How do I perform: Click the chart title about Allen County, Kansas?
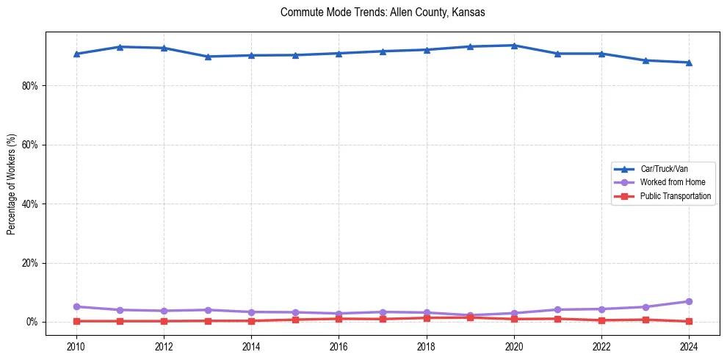(383, 12)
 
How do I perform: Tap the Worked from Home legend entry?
(669, 182)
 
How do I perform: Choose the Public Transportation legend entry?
(675, 196)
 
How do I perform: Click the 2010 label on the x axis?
(76, 346)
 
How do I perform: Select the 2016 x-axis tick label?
(339, 346)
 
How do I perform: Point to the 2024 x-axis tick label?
(689, 346)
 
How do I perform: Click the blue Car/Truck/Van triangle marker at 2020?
(514, 46)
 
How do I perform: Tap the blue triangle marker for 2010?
(76, 54)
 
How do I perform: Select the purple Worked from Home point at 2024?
(689, 301)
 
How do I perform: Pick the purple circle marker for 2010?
(76, 306)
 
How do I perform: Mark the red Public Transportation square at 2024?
(689, 321)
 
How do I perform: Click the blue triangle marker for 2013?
(208, 57)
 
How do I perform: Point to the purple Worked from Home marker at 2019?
(470, 315)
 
